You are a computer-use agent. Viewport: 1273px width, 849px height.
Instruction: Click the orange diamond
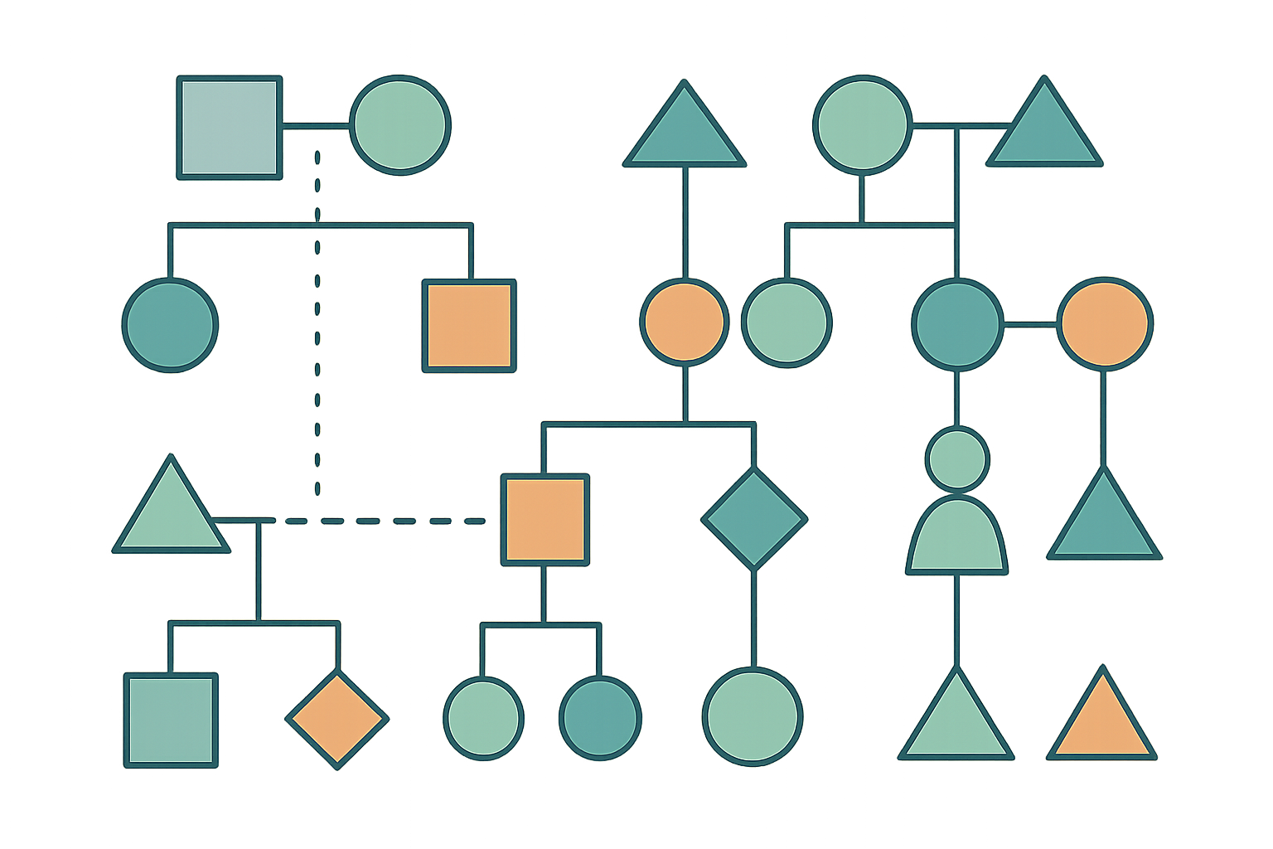[x=336, y=720]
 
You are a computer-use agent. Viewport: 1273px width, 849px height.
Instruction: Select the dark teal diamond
[x=753, y=519]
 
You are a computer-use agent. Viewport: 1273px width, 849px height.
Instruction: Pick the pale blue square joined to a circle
[x=230, y=127]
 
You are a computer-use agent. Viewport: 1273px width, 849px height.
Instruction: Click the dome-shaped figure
[x=957, y=537]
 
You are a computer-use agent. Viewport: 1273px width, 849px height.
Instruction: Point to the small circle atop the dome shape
[x=957, y=458]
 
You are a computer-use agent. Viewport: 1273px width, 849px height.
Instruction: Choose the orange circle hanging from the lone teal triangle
[x=685, y=321]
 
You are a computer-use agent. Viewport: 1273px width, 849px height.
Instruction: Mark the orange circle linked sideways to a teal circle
[x=1105, y=323]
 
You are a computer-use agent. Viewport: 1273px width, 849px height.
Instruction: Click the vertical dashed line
[x=317, y=332]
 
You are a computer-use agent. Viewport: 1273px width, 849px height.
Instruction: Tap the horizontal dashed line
[x=381, y=521]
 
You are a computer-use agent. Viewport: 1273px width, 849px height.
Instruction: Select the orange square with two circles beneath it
[x=545, y=520]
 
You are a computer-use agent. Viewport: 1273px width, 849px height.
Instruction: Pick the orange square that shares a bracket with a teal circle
[x=469, y=325]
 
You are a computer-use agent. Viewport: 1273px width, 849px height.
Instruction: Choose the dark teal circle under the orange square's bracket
[x=600, y=718]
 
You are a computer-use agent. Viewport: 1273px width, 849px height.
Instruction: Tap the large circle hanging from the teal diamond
[x=753, y=716]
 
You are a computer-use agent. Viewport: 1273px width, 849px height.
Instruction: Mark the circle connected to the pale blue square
[x=400, y=125]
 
